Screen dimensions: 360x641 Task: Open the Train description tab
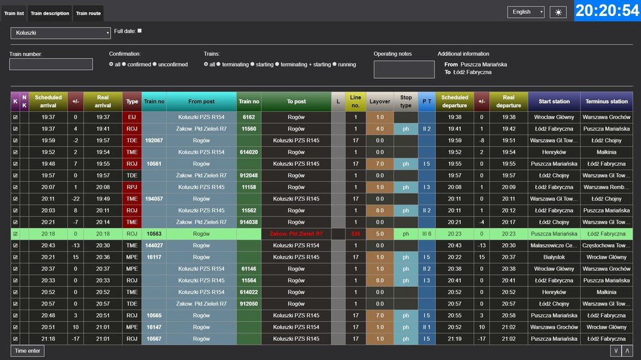tap(50, 13)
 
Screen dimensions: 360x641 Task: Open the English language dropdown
tap(526, 12)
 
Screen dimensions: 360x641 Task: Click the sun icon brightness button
tap(558, 12)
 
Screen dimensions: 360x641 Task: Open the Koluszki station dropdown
tap(60, 33)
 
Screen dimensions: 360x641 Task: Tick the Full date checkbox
tap(140, 31)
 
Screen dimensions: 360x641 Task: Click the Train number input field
tap(51, 64)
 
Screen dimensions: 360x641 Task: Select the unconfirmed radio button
tap(155, 65)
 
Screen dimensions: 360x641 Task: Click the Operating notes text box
tap(404, 69)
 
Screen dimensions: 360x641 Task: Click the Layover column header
tap(379, 101)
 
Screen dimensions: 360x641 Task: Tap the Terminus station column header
tap(606, 101)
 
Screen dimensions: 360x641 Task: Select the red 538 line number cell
tap(356, 234)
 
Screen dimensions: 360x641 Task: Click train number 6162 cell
tap(249, 117)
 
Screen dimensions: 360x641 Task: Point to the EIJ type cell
tap(132, 117)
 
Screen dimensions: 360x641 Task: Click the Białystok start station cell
tap(554, 257)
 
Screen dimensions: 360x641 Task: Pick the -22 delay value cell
tap(76, 199)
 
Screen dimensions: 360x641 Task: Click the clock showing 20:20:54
tap(606, 11)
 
